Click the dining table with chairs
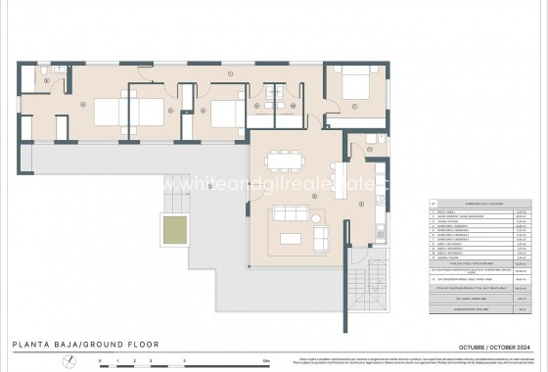283,160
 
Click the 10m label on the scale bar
266,360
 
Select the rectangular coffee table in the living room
290,238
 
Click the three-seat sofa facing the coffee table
289,213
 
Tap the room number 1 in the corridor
228,75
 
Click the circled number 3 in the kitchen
361,204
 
